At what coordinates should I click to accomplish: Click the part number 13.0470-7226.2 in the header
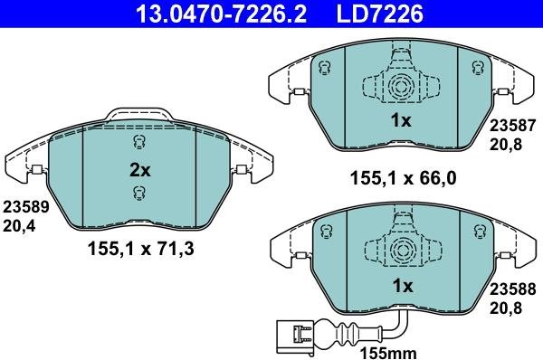point(221,14)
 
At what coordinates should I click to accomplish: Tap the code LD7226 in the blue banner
point(380,14)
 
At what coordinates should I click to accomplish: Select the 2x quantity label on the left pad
point(140,170)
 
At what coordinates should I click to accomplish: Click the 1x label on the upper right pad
point(401,120)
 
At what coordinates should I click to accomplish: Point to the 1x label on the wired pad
point(403,286)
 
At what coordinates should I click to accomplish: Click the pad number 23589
point(26,207)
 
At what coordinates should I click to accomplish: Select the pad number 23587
point(512,126)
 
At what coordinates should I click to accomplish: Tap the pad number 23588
point(512,289)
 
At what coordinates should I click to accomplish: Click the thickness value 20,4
point(19,226)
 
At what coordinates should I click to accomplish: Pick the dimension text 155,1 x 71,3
point(141,249)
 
